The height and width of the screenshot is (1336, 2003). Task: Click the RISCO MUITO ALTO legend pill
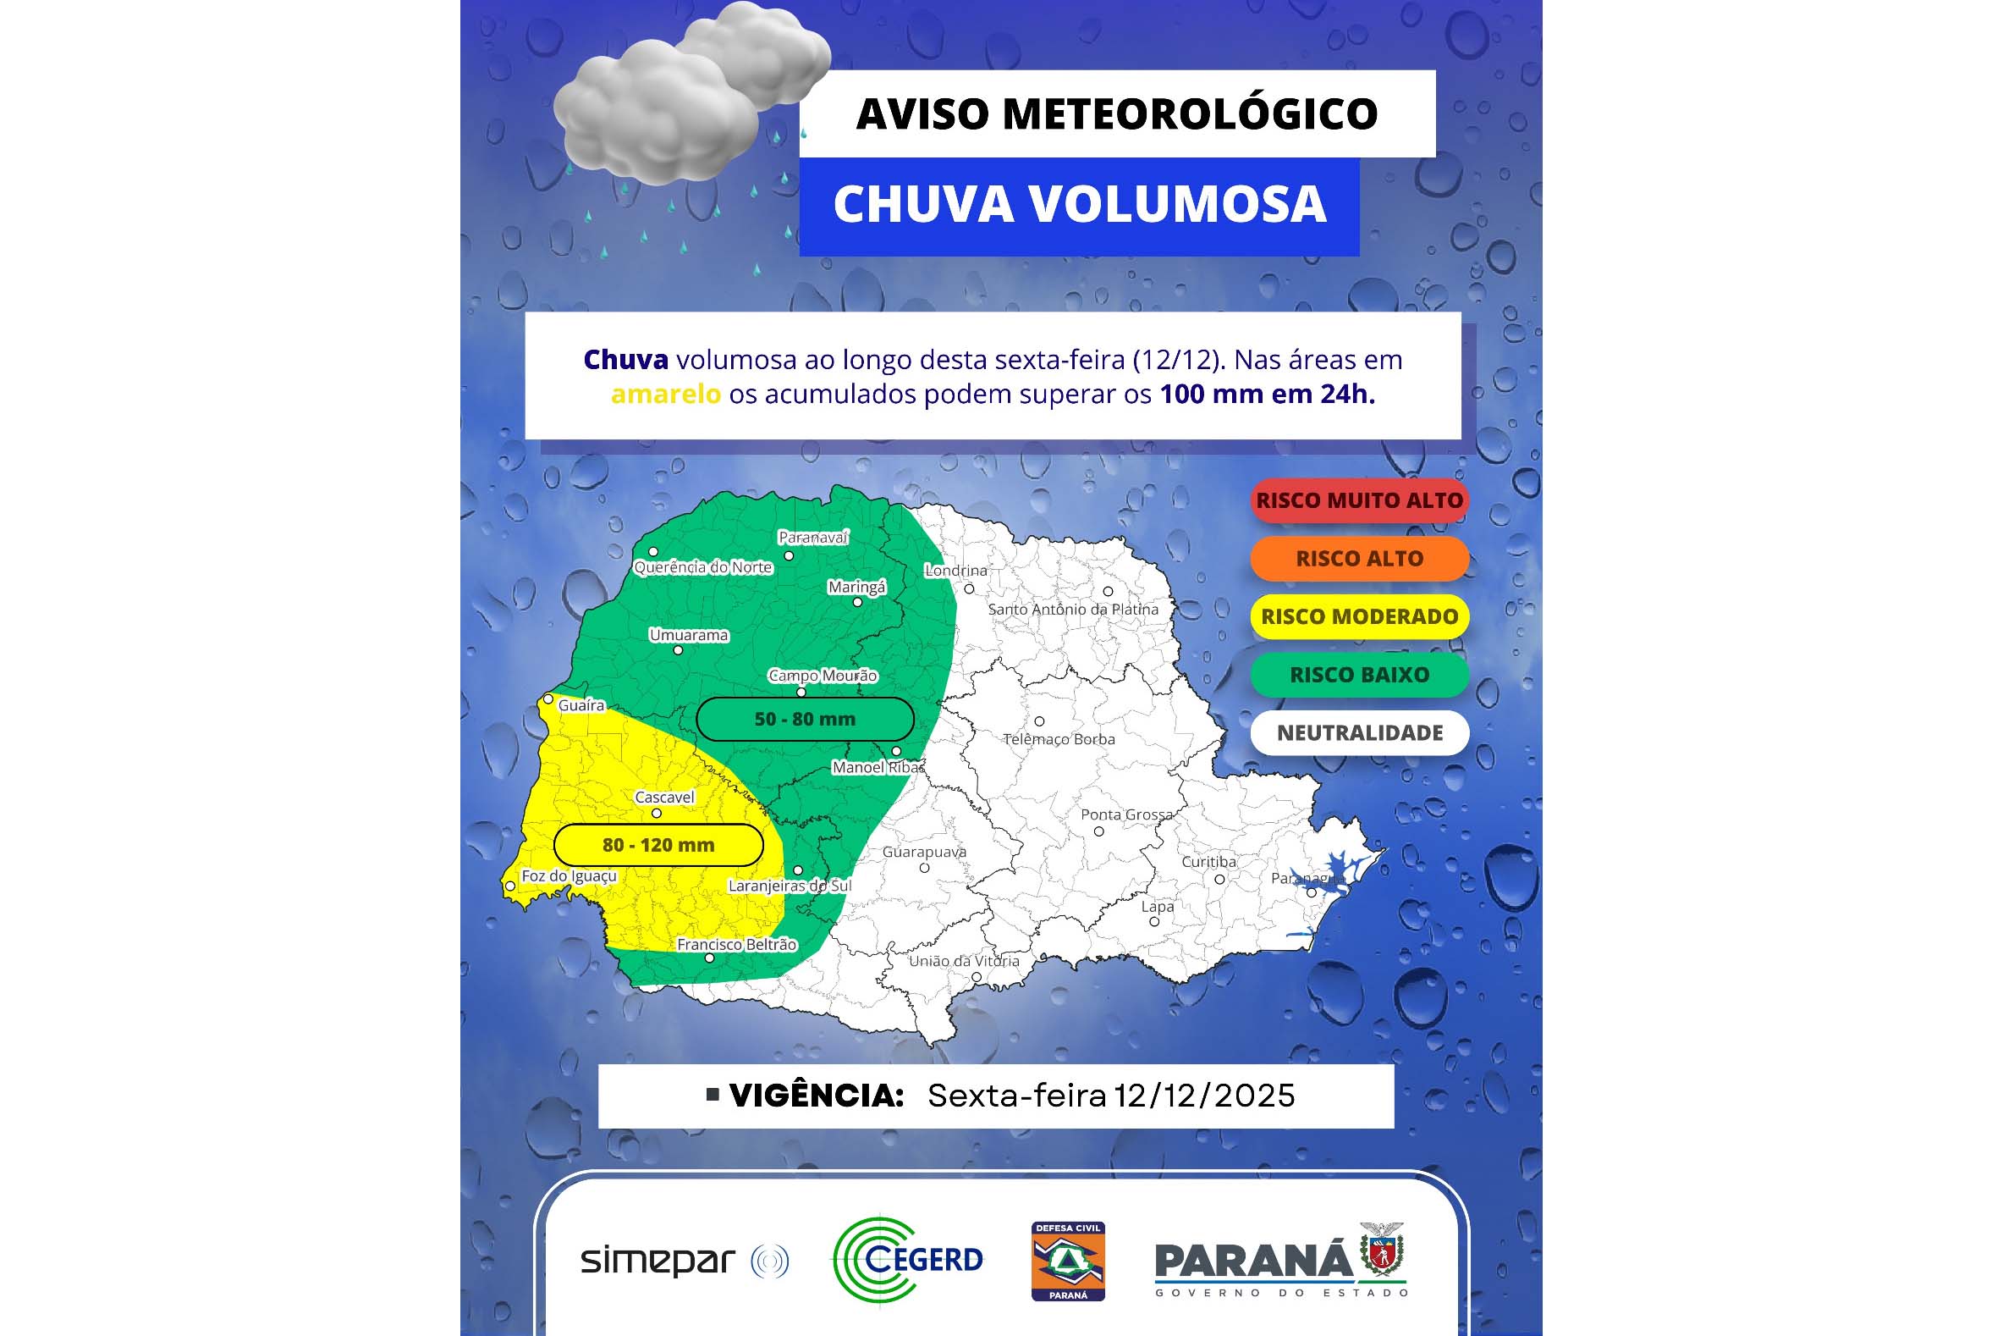pyautogui.click(x=1359, y=500)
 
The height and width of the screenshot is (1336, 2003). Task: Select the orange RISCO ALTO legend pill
pyautogui.click(x=1359, y=558)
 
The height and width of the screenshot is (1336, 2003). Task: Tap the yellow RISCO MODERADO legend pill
pyautogui.click(x=1359, y=616)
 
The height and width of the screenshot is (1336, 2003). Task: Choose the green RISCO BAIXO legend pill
pyautogui.click(x=1359, y=674)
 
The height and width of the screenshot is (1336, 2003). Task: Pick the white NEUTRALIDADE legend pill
pyautogui.click(x=1359, y=732)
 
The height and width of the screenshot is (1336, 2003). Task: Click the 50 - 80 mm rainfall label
pyautogui.click(x=805, y=719)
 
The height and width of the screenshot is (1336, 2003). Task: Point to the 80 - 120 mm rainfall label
pyautogui.click(x=658, y=845)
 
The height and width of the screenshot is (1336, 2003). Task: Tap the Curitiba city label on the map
pyautogui.click(x=1208, y=861)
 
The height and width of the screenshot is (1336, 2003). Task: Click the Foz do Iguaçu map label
pyautogui.click(x=569, y=876)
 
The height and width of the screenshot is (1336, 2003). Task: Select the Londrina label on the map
pyautogui.click(x=956, y=570)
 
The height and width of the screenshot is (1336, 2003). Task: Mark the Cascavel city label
pyautogui.click(x=664, y=798)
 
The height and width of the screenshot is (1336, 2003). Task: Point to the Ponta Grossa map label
pyautogui.click(x=1126, y=814)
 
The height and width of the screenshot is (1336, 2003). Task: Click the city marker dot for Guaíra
pyautogui.click(x=548, y=699)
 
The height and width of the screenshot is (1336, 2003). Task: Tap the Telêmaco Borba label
pyautogui.click(x=1059, y=739)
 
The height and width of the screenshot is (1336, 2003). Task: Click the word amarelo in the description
pyautogui.click(x=666, y=395)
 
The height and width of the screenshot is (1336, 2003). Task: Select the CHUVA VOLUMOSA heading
pyautogui.click(x=1079, y=205)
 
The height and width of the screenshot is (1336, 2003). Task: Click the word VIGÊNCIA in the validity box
pyautogui.click(x=816, y=1096)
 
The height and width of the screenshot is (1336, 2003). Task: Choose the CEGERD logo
pyautogui.click(x=908, y=1260)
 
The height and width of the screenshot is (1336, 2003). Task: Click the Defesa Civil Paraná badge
pyautogui.click(x=1068, y=1261)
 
